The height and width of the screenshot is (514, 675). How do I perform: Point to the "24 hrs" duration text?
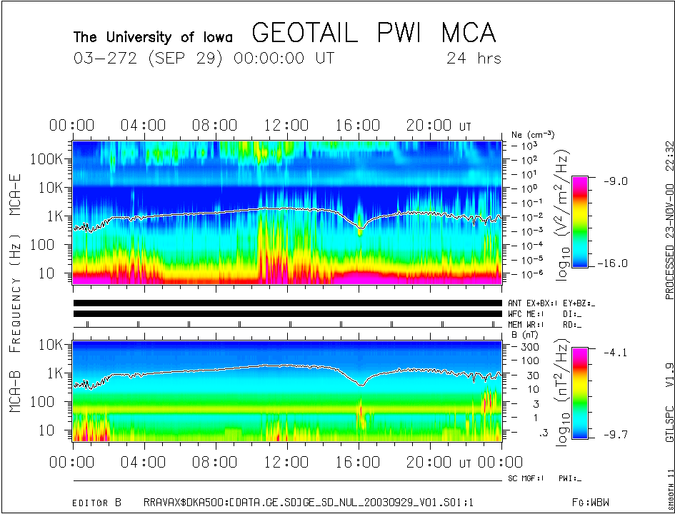coord(474,59)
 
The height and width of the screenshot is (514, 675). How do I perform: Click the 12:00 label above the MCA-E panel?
coord(286,126)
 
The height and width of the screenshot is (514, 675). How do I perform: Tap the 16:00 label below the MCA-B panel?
coord(358,462)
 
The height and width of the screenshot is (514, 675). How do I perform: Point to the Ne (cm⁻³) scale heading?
coord(533,134)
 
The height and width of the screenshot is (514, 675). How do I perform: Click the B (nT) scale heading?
coord(524,334)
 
